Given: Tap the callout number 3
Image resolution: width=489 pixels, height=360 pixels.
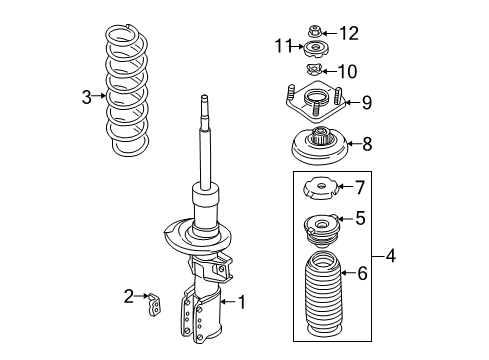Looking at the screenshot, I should coord(87,97).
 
